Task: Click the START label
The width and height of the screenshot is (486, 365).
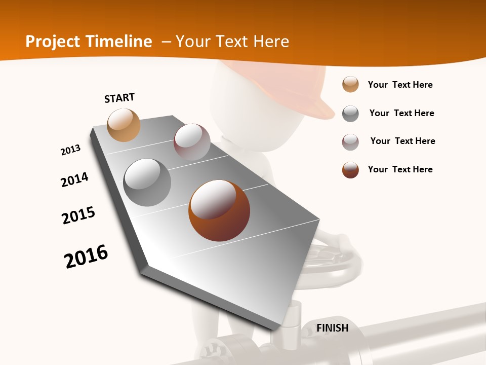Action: [x=119, y=98]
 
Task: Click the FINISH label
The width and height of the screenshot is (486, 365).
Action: [x=332, y=328]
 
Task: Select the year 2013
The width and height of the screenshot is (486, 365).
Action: [x=70, y=150]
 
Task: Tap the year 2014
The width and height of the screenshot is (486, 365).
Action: [x=74, y=179]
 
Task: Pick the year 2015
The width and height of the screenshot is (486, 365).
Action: [x=78, y=215]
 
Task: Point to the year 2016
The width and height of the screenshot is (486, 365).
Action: [x=86, y=256]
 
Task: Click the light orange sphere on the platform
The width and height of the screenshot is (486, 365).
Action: [x=124, y=125]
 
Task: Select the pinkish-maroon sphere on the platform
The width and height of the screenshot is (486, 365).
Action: [x=192, y=142]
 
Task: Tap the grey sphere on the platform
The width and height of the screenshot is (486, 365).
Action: [x=147, y=182]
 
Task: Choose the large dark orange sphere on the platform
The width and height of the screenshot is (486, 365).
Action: [x=219, y=210]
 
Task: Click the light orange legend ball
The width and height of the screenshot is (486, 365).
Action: [x=350, y=84]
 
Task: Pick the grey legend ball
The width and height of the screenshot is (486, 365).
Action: [x=350, y=114]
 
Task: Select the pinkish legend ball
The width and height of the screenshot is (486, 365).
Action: [x=350, y=142]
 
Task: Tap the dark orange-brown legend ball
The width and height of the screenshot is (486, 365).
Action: [x=350, y=170]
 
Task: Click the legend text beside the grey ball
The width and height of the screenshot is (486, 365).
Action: [x=401, y=113]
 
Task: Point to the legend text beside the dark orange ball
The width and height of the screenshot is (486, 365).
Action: [x=400, y=169]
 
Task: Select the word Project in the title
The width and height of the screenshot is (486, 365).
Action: [x=53, y=42]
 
